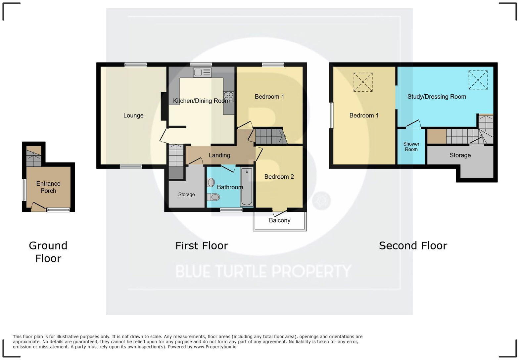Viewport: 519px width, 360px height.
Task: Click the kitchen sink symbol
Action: pos(202,72)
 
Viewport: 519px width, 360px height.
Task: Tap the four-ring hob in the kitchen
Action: pos(229,97)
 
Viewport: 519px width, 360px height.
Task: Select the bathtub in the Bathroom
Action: pos(247,187)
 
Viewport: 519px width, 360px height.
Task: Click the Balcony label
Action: pos(280,220)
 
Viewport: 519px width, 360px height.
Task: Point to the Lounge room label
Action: pos(133,115)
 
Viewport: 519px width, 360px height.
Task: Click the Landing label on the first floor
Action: pos(219,155)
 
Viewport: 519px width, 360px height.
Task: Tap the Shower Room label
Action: pos(411,147)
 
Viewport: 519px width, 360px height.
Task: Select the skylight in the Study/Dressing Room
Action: pos(478,80)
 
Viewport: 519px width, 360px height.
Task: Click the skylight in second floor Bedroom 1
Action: pos(363,82)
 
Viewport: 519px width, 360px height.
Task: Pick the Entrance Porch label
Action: pos(48,187)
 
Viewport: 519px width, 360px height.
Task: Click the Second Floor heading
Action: pos(413,246)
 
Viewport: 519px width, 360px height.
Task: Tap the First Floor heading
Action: pos(202,246)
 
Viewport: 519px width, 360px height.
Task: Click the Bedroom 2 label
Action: pos(279,177)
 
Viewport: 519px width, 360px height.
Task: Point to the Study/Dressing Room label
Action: pos(437,97)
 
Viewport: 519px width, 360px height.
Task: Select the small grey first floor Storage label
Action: pos(186,195)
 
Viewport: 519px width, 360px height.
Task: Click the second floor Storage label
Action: pos(460,155)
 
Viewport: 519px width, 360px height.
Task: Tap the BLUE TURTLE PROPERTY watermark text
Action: pos(263,271)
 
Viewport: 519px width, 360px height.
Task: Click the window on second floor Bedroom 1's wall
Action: pos(331,115)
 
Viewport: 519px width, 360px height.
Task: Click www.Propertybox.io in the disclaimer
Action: pos(215,347)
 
